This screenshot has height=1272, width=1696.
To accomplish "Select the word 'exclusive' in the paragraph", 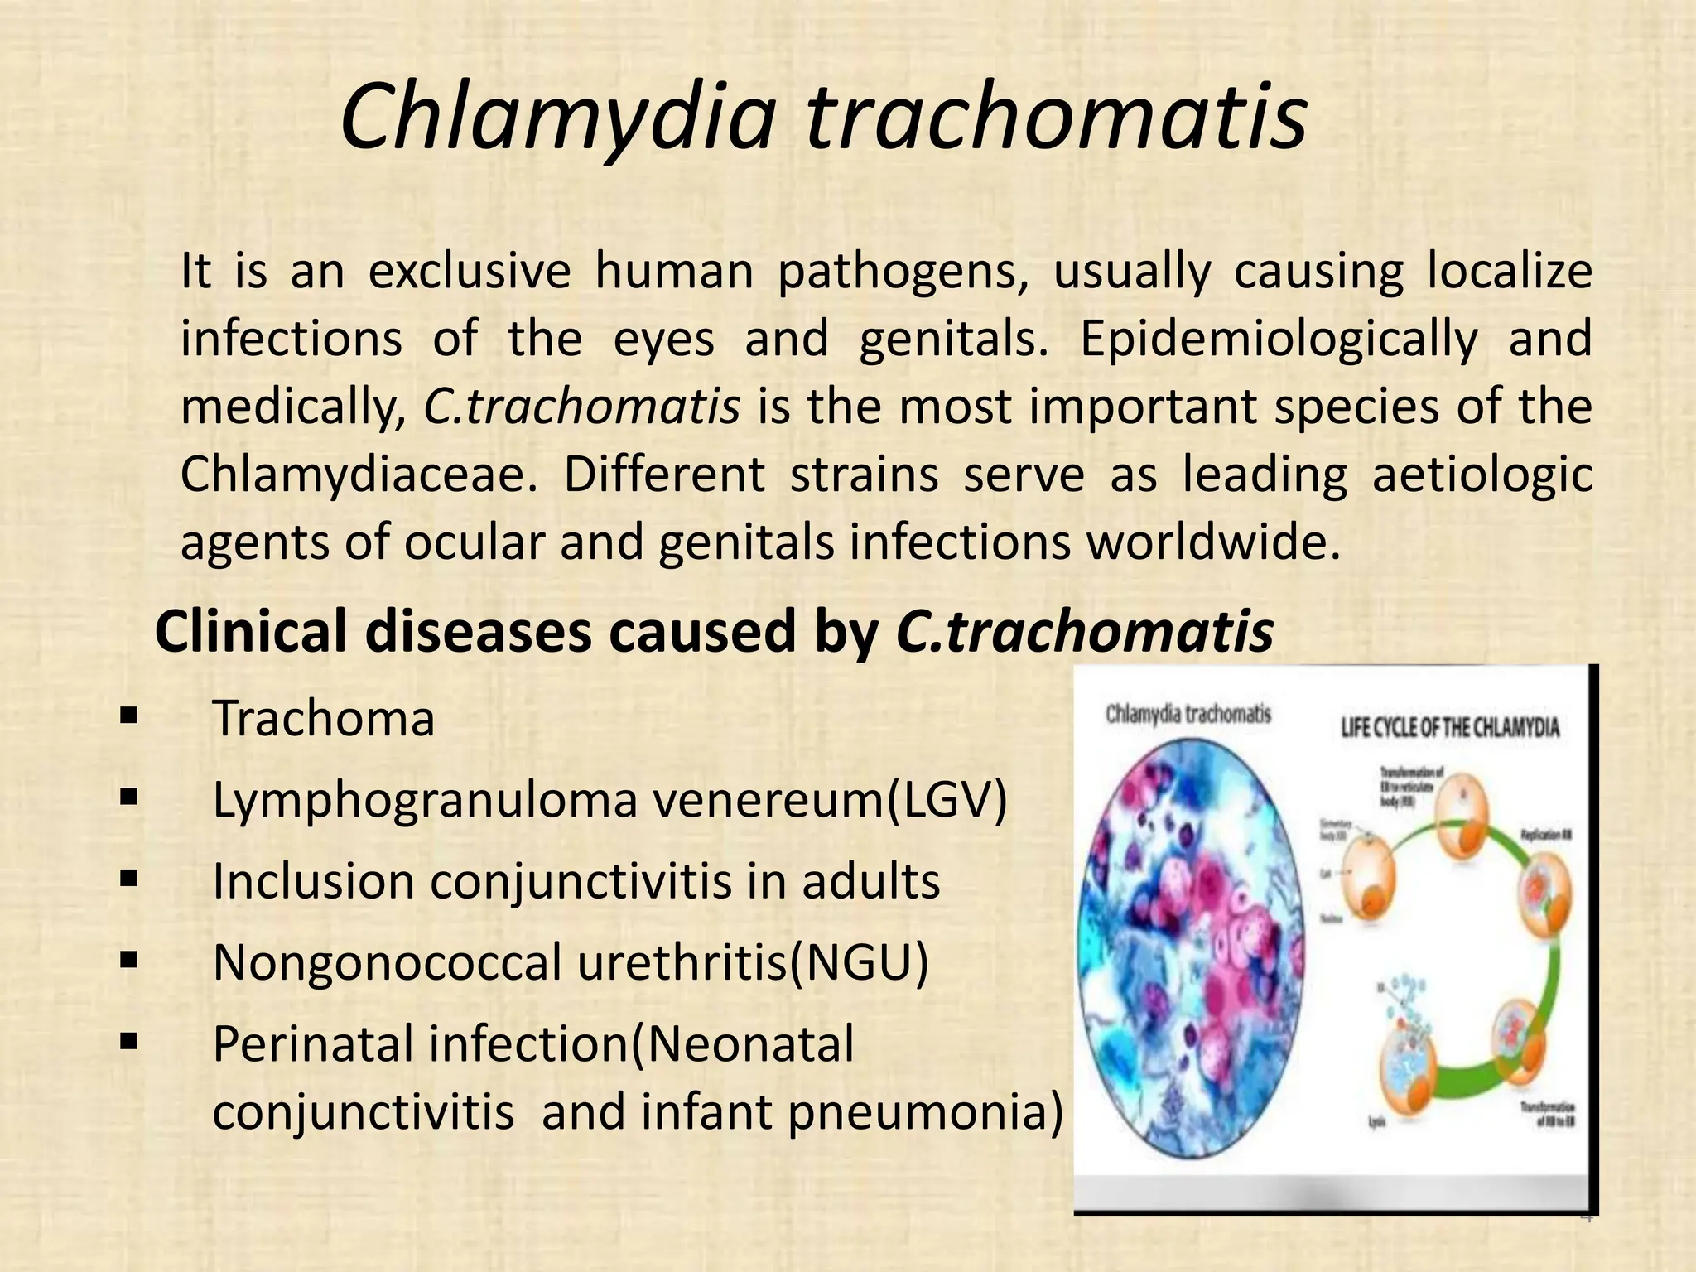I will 470,271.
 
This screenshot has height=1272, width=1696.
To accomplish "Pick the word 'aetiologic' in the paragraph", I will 1482,475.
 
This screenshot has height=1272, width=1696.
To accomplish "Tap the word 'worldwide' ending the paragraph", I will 1212,542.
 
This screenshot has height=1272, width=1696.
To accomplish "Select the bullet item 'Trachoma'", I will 324,718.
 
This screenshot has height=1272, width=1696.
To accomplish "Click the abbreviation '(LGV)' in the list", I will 947,800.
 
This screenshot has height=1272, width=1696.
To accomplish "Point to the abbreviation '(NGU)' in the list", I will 859,962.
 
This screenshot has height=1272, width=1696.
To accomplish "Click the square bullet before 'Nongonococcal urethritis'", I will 128,961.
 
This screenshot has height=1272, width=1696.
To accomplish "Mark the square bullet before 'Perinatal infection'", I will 128,1041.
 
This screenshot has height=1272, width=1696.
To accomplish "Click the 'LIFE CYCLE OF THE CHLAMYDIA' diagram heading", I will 1450,728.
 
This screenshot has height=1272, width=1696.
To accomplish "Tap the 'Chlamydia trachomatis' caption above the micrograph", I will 1188,714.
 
